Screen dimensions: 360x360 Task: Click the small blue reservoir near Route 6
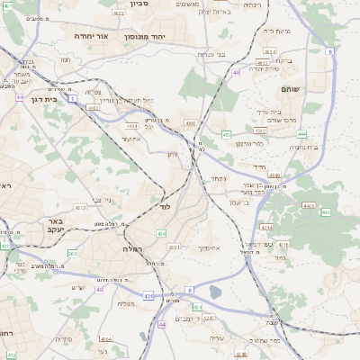tap(215, 292)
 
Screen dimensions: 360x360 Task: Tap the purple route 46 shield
tap(237, 72)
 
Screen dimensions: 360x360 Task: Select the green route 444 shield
tap(302, 134)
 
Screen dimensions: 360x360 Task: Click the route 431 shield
tap(148, 294)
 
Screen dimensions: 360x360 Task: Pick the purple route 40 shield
tap(100, 289)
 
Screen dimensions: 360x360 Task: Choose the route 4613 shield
tap(80, 207)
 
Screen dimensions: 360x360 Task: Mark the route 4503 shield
tap(92, 107)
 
